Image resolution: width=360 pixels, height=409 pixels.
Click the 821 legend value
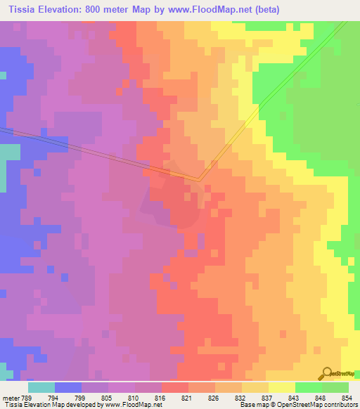click(x=186, y=398)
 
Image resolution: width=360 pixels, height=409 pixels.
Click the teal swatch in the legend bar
click(x=41, y=387)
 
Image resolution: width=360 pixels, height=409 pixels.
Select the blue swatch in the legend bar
click(x=68, y=387)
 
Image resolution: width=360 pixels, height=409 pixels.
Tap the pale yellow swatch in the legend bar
click(x=281, y=387)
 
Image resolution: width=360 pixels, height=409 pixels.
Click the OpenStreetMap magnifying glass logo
click(x=326, y=373)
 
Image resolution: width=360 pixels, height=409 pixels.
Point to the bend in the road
click(x=199, y=179)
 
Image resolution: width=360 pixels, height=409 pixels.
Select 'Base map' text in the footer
click(x=252, y=405)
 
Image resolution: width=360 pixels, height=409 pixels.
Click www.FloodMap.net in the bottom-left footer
click(x=133, y=405)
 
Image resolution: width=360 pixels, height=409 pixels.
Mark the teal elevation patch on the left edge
click(x=8, y=153)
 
